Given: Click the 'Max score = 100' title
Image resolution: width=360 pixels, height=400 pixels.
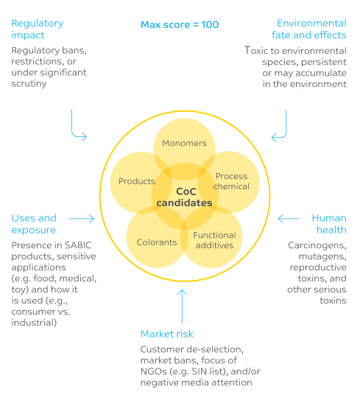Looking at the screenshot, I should click(179, 24).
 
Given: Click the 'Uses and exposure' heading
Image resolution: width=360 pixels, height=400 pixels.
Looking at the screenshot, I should click(34, 224).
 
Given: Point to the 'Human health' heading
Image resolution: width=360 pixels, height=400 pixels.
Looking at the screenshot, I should click(328, 224).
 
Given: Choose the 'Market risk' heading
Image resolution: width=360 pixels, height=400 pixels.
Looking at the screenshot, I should click(169, 333).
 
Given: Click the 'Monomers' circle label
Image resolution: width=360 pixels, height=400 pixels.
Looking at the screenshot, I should click(184, 144).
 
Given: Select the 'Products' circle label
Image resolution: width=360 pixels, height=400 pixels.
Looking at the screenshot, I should click(137, 181).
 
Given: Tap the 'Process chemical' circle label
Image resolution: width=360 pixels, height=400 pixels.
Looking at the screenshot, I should click(232, 181).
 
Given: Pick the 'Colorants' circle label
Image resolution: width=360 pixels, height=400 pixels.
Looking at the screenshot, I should click(156, 242).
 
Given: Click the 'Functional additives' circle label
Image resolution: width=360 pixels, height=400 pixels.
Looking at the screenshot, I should click(214, 240).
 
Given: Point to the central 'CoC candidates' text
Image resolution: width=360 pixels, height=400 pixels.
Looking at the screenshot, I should click(183, 197).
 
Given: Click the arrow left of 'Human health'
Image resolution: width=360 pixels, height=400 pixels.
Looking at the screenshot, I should click(288, 218).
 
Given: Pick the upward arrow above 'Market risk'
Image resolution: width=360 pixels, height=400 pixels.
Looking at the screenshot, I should click(183, 303).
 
